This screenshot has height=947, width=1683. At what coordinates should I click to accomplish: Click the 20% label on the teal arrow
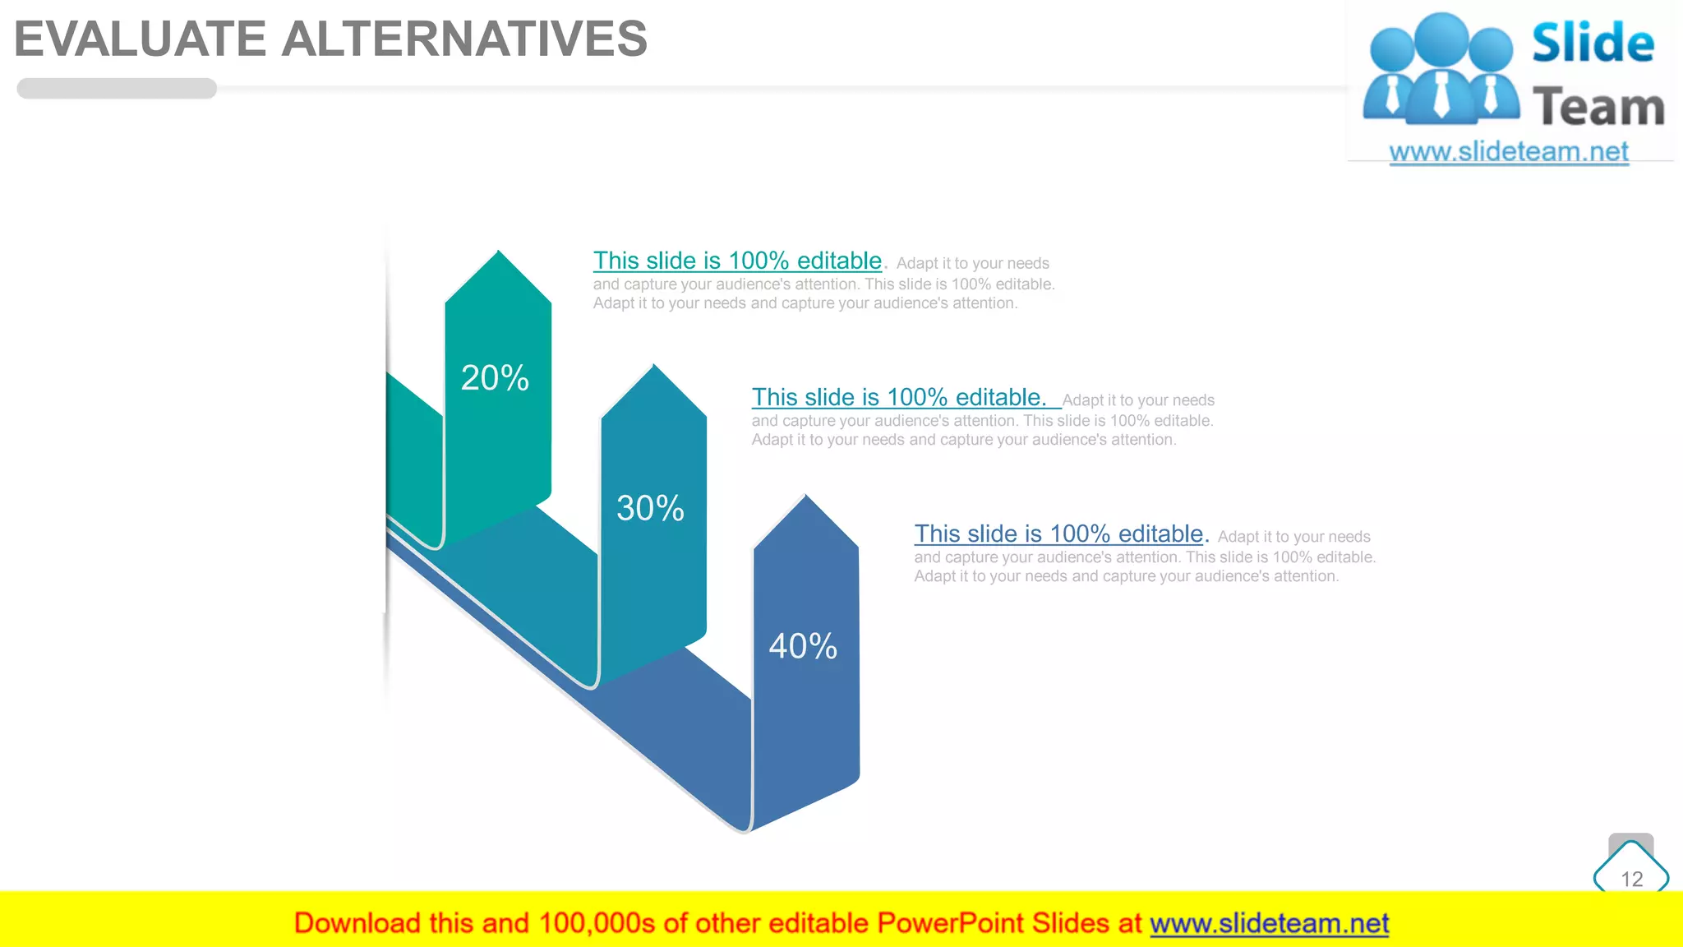pyautogui.click(x=495, y=378)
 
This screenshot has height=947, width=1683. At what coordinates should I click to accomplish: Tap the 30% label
pyautogui.click(x=650, y=508)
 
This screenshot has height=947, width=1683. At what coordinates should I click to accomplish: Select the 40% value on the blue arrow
pyautogui.click(x=803, y=646)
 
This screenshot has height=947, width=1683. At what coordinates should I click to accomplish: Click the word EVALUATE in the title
pyautogui.click(x=141, y=39)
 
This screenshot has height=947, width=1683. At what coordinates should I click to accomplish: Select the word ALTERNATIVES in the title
pyautogui.click(x=464, y=39)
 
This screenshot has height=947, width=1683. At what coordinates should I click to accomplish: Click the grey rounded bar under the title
pyautogui.click(x=117, y=89)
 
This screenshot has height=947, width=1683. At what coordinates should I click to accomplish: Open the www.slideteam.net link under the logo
pyautogui.click(x=1509, y=152)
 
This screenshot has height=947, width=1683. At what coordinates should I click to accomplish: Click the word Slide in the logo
pyautogui.click(x=1593, y=43)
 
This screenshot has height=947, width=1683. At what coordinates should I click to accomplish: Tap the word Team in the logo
pyautogui.click(x=1598, y=108)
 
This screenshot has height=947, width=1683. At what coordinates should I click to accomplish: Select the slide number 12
pyautogui.click(x=1631, y=879)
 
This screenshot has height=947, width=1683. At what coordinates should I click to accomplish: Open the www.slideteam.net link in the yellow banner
pyautogui.click(x=1269, y=923)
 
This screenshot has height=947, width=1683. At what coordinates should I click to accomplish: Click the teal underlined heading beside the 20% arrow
pyautogui.click(x=737, y=261)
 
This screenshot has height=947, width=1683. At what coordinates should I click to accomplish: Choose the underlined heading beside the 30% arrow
pyautogui.click(x=898, y=397)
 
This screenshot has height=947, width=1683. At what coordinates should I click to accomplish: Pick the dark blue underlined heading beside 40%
pyautogui.click(x=1058, y=534)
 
